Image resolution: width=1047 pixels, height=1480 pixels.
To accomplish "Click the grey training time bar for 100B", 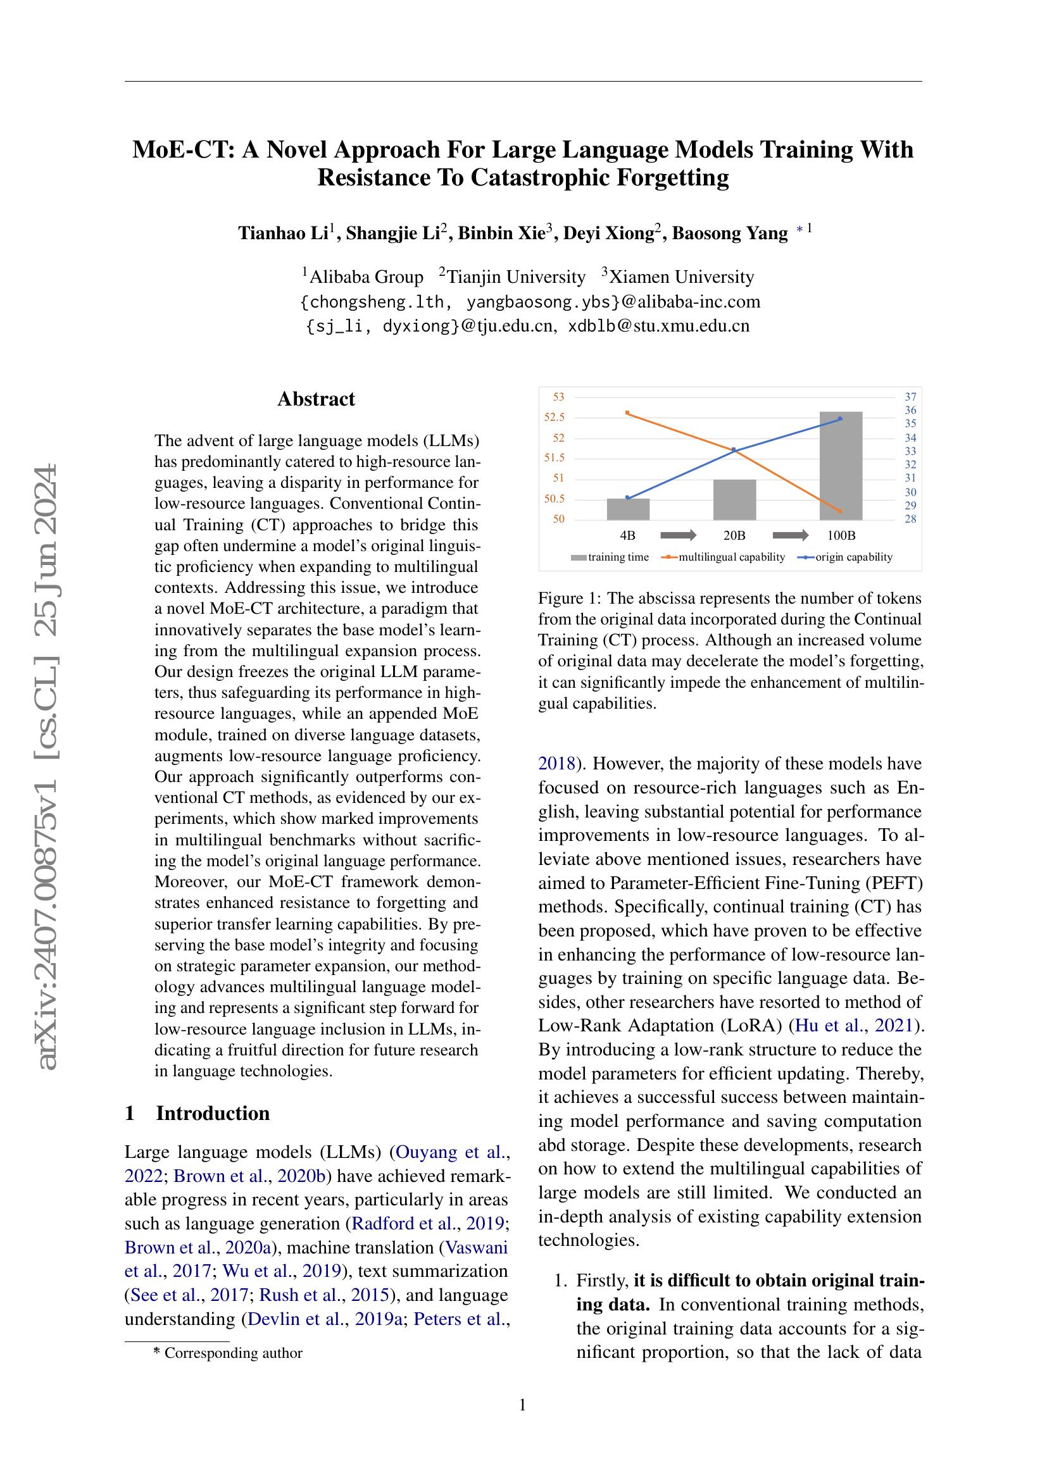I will tap(841, 466).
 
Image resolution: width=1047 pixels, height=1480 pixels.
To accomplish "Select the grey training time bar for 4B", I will tap(628, 509).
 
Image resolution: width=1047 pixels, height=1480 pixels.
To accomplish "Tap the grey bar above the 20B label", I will tap(734, 500).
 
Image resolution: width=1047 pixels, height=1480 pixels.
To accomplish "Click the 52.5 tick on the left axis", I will tap(554, 418).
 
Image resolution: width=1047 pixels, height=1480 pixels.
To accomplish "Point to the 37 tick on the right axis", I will tap(910, 397).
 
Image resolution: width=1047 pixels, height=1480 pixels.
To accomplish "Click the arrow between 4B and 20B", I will tap(678, 535).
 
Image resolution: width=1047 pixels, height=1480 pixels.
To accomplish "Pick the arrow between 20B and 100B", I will tap(790, 535).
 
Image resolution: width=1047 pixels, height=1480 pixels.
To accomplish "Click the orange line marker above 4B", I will tap(628, 413).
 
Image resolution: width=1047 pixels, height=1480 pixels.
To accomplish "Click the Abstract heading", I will tap(316, 399).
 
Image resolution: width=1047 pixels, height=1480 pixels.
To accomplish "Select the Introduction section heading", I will tap(212, 1113).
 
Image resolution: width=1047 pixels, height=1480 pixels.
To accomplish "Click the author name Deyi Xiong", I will tap(608, 233).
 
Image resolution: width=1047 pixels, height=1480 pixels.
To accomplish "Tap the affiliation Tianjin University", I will tap(515, 277).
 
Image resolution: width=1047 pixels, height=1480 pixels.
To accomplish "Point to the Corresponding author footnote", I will tap(232, 1353).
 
